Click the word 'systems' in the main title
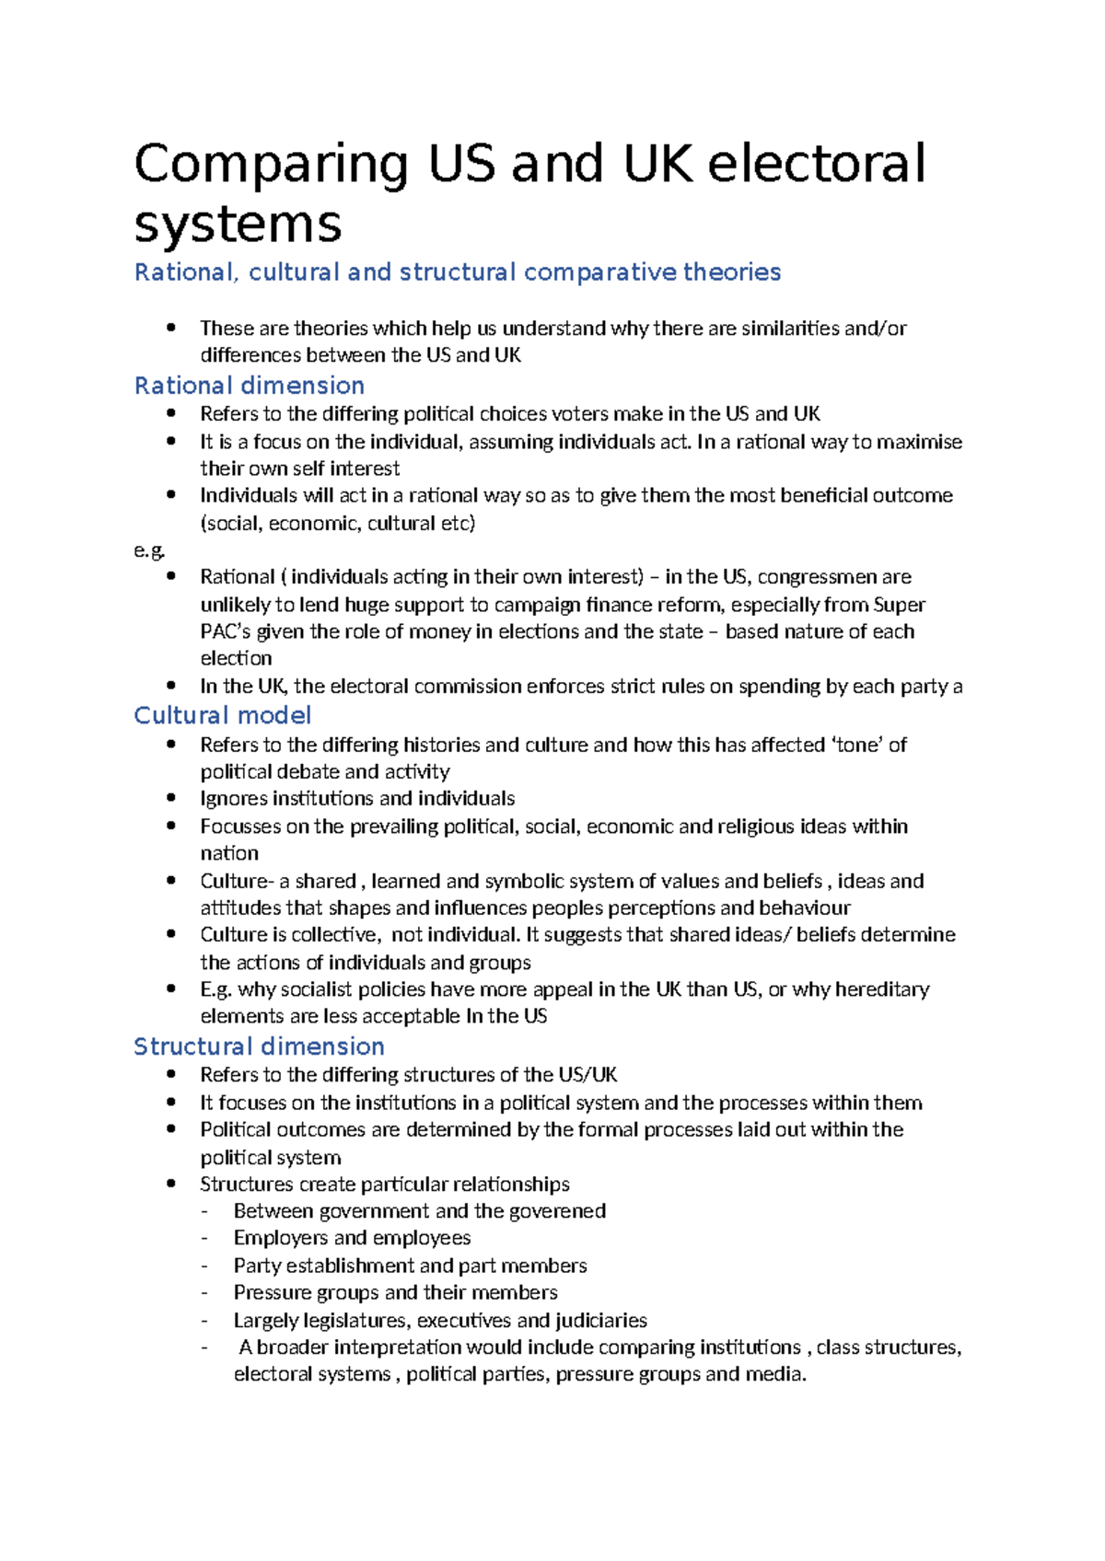(x=238, y=224)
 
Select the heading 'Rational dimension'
(x=250, y=386)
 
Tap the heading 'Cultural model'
(x=222, y=715)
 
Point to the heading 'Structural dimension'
(x=259, y=1046)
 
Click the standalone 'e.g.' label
(x=149, y=550)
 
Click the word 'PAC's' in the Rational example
(x=226, y=631)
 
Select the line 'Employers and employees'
(x=352, y=1238)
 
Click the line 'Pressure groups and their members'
(x=395, y=1292)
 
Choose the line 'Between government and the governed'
(x=419, y=1211)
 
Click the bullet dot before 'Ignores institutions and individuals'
(x=171, y=798)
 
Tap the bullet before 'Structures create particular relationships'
(x=171, y=1184)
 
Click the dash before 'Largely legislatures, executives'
(x=204, y=1321)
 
